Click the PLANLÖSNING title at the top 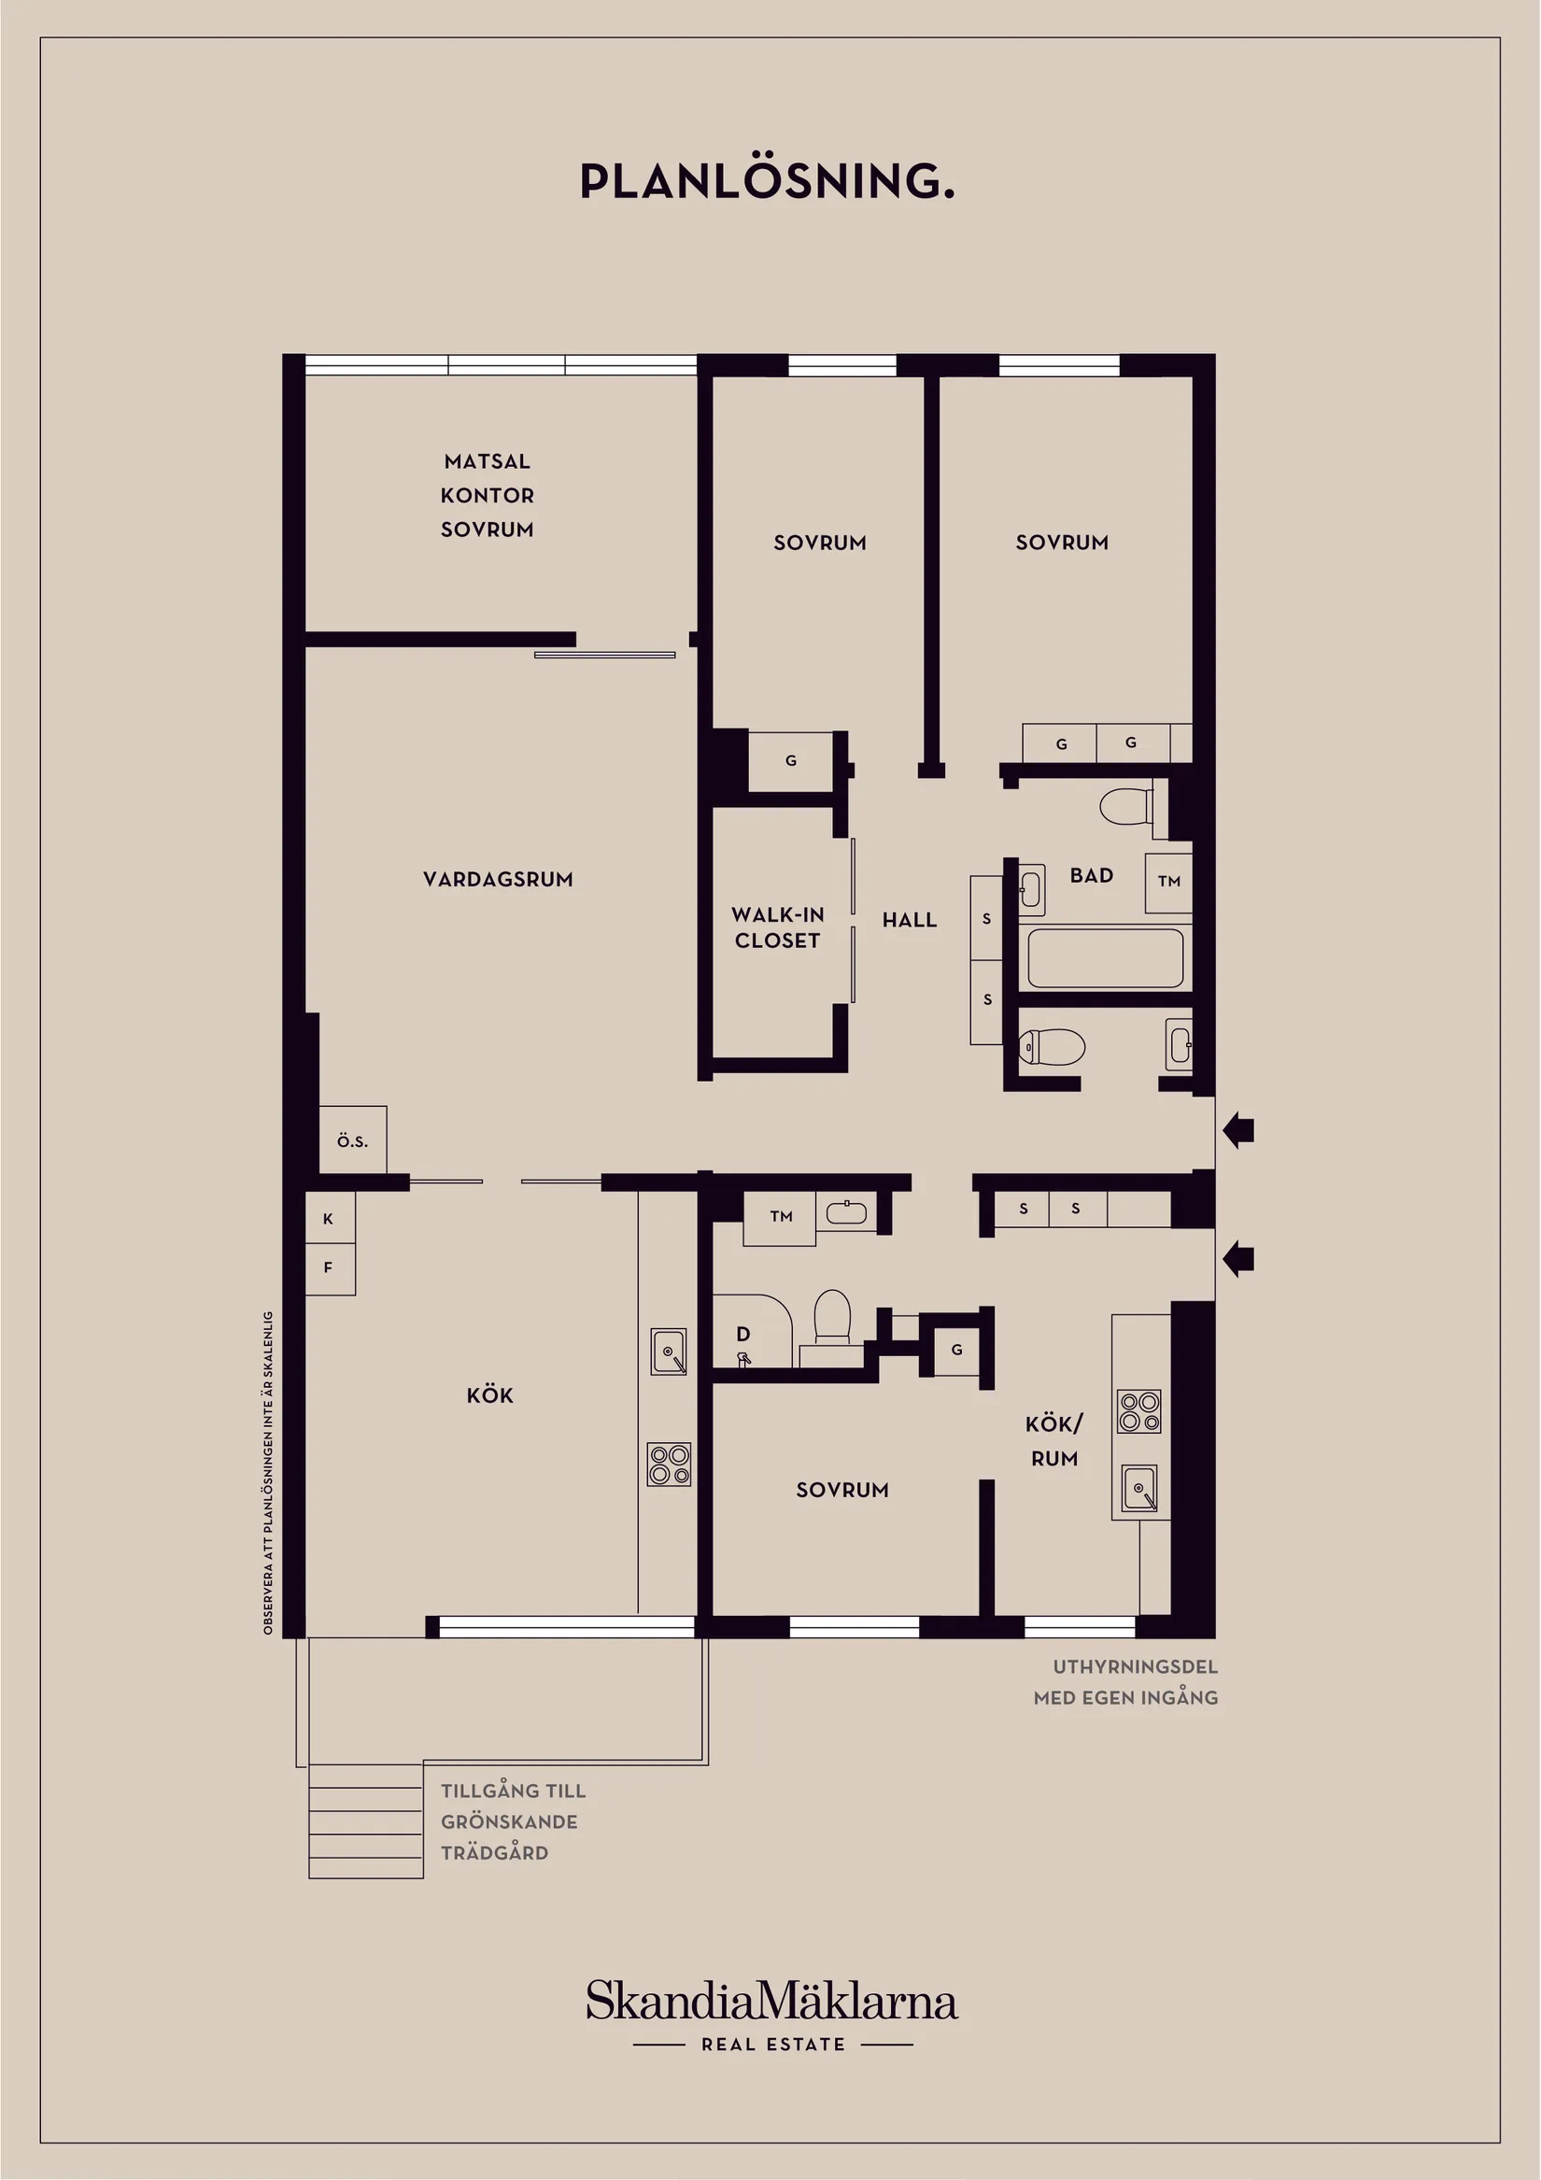pyautogui.click(x=767, y=180)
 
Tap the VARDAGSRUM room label pyautogui.click(x=499, y=879)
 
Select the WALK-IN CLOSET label pyautogui.click(x=778, y=927)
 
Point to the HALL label pyautogui.click(x=910, y=920)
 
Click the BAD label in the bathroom pyautogui.click(x=1092, y=875)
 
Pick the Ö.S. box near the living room pyautogui.click(x=352, y=1140)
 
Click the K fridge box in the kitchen pyautogui.click(x=330, y=1218)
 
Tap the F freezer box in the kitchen pyautogui.click(x=330, y=1268)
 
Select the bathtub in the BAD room pyautogui.click(x=1105, y=958)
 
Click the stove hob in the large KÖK pyautogui.click(x=670, y=1465)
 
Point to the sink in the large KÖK pyautogui.click(x=669, y=1352)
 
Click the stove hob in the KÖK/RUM pyautogui.click(x=1139, y=1411)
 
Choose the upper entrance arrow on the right pyautogui.click(x=1238, y=1130)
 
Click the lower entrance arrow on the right pyautogui.click(x=1238, y=1260)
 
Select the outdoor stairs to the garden pyautogui.click(x=365, y=1820)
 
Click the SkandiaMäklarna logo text pyautogui.click(x=771, y=2001)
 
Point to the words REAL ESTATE pyautogui.click(x=773, y=2045)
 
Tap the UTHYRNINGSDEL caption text pyautogui.click(x=1136, y=1666)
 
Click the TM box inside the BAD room pyautogui.click(x=1168, y=882)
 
